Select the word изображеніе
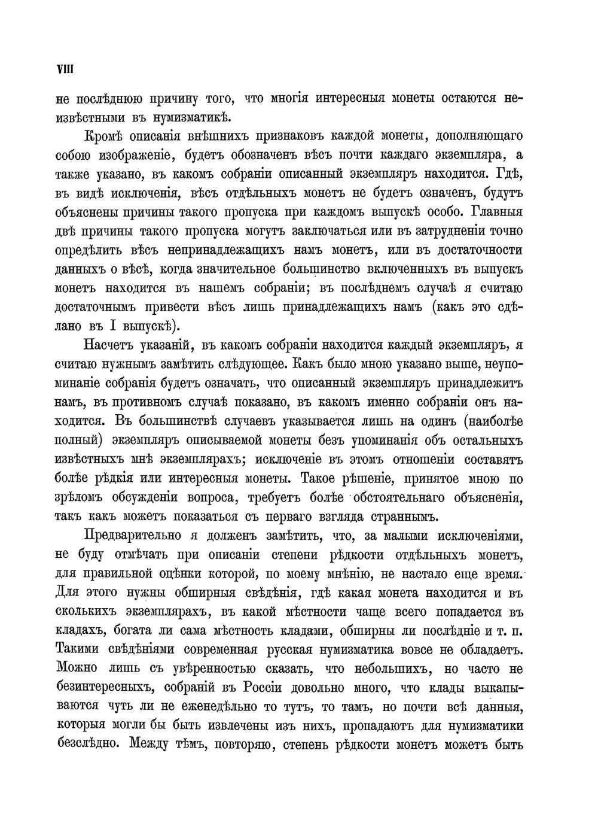[x=131, y=155]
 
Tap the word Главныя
[x=497, y=212]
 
